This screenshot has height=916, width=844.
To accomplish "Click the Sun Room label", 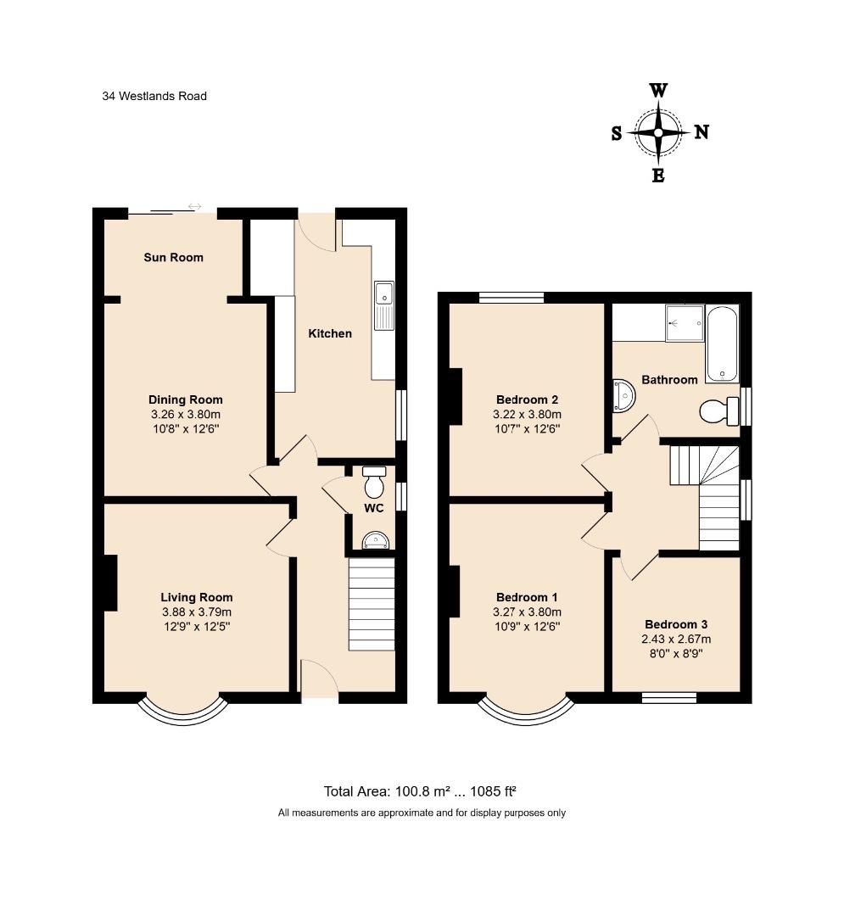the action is (x=174, y=257).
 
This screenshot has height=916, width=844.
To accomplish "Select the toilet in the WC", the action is (x=373, y=481).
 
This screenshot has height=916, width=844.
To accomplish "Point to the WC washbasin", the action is (x=375, y=541).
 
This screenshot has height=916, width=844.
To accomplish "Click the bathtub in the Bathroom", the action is (x=722, y=344).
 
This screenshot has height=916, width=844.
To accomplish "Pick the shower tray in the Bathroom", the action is (x=685, y=322).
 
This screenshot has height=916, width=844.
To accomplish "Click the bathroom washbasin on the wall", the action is (x=623, y=395).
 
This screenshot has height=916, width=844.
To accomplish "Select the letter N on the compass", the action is (x=701, y=132).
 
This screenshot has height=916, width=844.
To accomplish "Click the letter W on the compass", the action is (x=658, y=91).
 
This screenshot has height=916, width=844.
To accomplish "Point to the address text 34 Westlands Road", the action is (x=154, y=96).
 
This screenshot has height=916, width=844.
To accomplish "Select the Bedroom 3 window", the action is (x=668, y=697).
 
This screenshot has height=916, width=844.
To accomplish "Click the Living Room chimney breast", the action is (x=110, y=583).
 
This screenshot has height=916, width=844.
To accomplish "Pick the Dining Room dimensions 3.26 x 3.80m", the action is (x=186, y=414).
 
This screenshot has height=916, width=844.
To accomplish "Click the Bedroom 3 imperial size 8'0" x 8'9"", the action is (x=676, y=654).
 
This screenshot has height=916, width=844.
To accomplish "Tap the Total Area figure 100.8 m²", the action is (x=422, y=791).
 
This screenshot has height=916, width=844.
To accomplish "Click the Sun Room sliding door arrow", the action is (x=194, y=206).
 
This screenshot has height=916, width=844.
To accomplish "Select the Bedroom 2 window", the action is (x=511, y=298).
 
